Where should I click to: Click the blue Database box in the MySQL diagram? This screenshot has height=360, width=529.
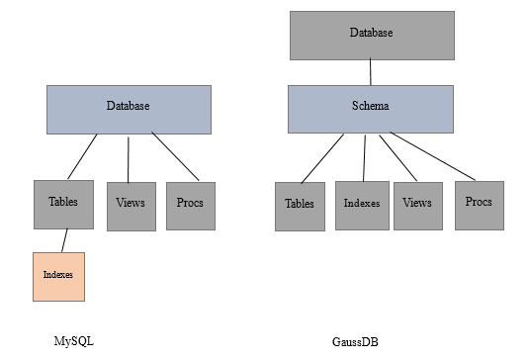129,109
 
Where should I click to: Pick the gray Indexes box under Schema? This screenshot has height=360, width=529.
360,205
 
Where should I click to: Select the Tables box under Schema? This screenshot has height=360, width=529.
300,206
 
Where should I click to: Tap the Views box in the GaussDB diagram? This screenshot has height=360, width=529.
417,205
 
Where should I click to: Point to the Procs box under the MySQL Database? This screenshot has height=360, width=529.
190,205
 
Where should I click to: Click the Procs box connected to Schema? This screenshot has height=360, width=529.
479,203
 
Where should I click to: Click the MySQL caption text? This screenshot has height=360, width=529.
74,340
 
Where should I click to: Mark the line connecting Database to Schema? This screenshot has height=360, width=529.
371,72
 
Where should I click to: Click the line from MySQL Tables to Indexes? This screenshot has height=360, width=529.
65,240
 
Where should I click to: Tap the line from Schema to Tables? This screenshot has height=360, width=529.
322,157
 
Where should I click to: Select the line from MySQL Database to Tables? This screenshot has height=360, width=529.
82,156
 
